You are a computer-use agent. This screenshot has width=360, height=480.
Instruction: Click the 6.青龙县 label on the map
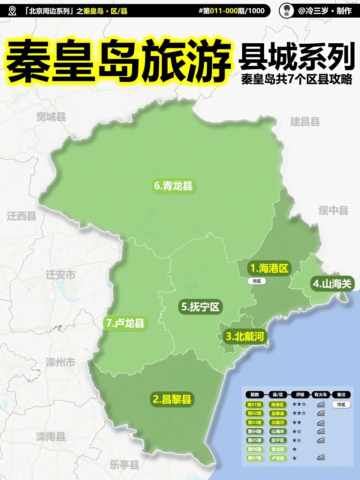174,186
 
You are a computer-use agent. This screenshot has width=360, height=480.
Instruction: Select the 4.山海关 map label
332,284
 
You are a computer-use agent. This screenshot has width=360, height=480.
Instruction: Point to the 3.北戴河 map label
245,336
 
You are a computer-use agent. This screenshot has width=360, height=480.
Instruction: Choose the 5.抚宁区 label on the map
200,307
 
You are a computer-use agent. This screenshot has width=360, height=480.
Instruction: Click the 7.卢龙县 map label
125,323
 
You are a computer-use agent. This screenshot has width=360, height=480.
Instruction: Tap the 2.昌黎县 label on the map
172,399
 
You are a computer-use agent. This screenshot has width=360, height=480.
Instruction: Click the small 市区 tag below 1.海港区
257,281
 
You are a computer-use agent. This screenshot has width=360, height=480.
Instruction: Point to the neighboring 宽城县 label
51,117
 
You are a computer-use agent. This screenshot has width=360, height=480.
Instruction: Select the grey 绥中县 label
333,211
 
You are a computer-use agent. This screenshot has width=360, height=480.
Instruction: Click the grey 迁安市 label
60,275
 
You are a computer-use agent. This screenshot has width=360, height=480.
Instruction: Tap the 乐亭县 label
124,465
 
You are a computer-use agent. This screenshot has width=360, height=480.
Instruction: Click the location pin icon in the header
12,11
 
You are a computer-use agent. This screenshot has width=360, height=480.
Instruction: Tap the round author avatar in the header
286,11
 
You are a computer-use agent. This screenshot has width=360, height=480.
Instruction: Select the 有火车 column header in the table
321,395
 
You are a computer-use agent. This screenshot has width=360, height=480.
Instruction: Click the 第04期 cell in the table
254,431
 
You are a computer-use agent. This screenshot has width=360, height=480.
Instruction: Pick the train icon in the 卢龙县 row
321,458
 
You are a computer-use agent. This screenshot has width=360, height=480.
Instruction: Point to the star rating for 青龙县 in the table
294,449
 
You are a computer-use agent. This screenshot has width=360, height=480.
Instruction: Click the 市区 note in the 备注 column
341,405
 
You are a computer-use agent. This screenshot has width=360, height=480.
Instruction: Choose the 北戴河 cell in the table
278,422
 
